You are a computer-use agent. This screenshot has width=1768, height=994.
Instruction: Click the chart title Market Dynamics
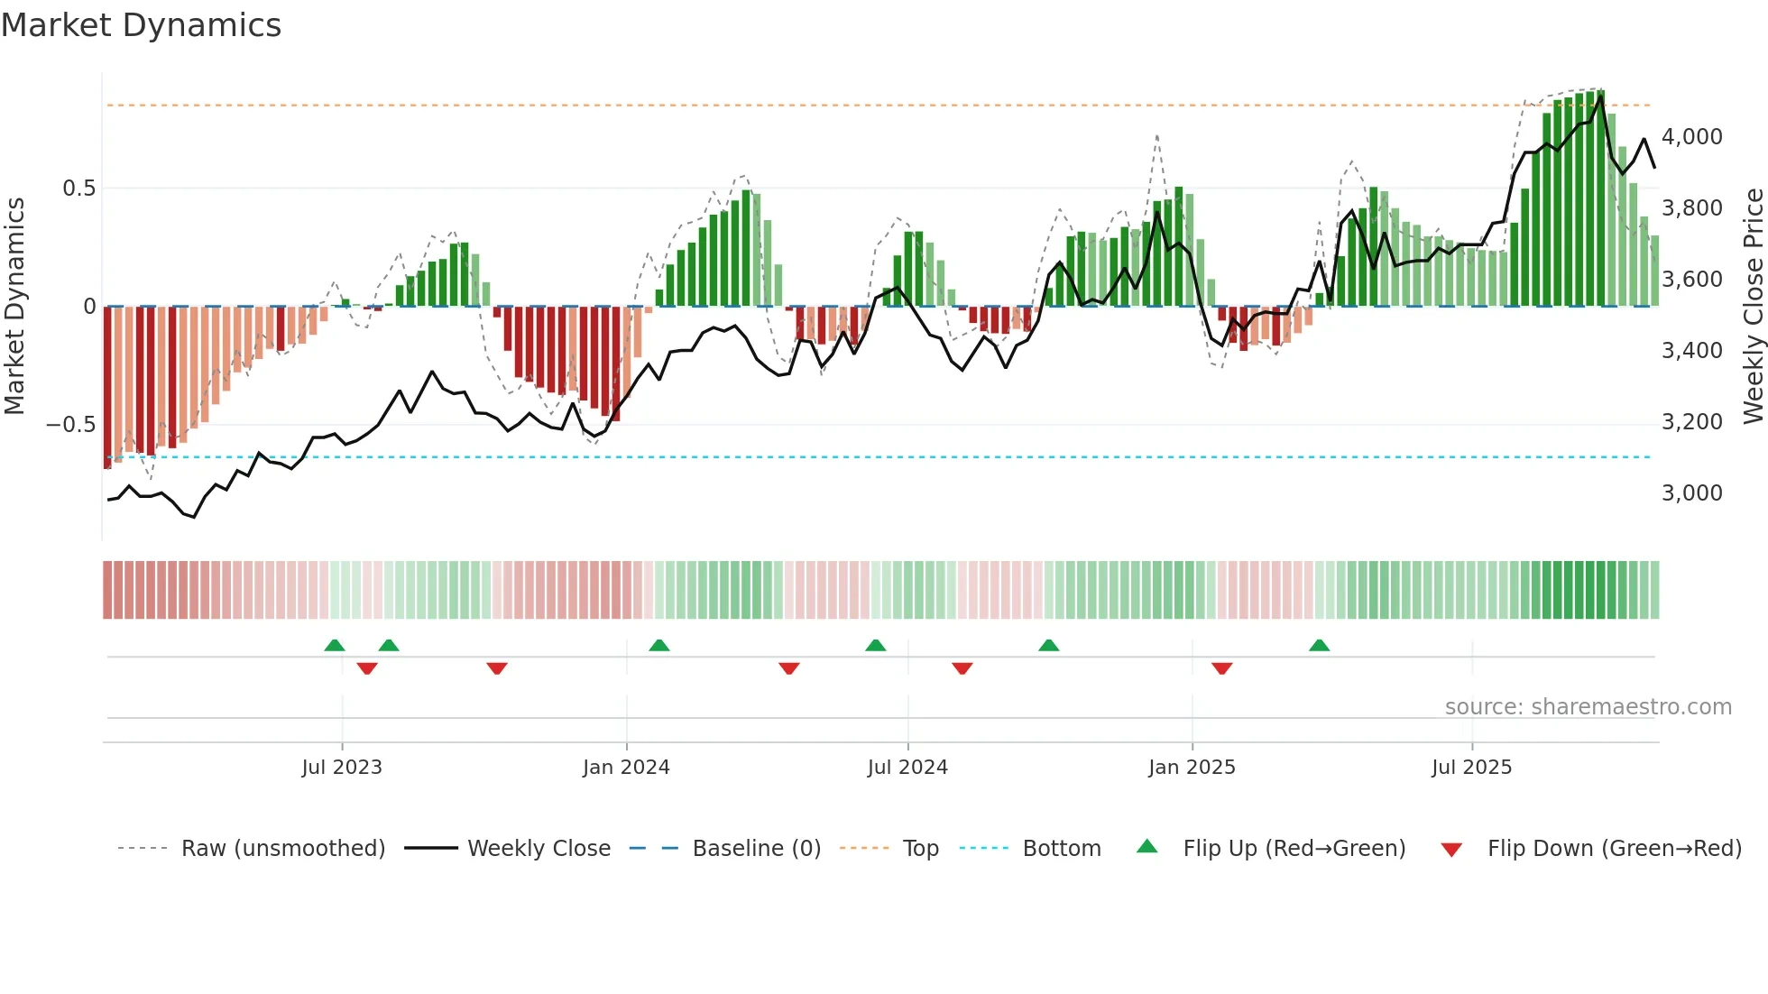tap(142, 25)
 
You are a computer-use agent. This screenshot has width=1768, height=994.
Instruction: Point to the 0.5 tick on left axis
tap(78, 189)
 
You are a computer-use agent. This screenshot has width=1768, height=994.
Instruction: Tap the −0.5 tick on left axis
tap(71, 425)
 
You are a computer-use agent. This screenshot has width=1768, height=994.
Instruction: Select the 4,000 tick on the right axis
tap(1691, 137)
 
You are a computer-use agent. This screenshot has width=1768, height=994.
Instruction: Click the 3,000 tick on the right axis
tap(1691, 493)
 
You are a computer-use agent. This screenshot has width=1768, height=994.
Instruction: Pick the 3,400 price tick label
tap(1691, 351)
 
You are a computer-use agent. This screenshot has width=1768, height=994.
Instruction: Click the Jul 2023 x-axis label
tap(342, 768)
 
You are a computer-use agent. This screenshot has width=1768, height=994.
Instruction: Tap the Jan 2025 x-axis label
tap(1192, 768)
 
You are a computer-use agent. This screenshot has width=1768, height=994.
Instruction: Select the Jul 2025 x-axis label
tap(1471, 768)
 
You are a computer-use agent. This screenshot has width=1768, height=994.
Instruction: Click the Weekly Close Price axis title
tap(1753, 307)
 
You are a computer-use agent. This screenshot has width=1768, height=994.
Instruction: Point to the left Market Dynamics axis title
tap(14, 307)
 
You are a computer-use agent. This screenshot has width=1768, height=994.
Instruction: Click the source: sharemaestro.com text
tap(1588, 707)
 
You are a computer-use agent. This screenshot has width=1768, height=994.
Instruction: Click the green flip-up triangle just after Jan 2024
tap(659, 646)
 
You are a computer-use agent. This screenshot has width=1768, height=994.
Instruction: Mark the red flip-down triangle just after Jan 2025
tap(1222, 668)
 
